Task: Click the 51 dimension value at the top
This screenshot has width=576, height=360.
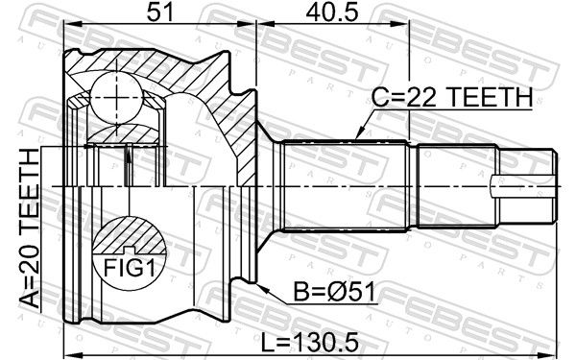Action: point(159,12)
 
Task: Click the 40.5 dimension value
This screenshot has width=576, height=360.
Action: point(331,12)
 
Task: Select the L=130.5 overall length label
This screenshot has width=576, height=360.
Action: point(309,342)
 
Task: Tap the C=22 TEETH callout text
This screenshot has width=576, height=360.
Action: point(452,97)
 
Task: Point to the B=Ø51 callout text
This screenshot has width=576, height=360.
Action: point(335,293)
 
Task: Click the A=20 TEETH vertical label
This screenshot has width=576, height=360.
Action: point(29,228)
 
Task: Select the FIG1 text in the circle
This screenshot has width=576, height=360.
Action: point(130,267)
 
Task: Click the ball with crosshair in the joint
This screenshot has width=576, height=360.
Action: point(116,98)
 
